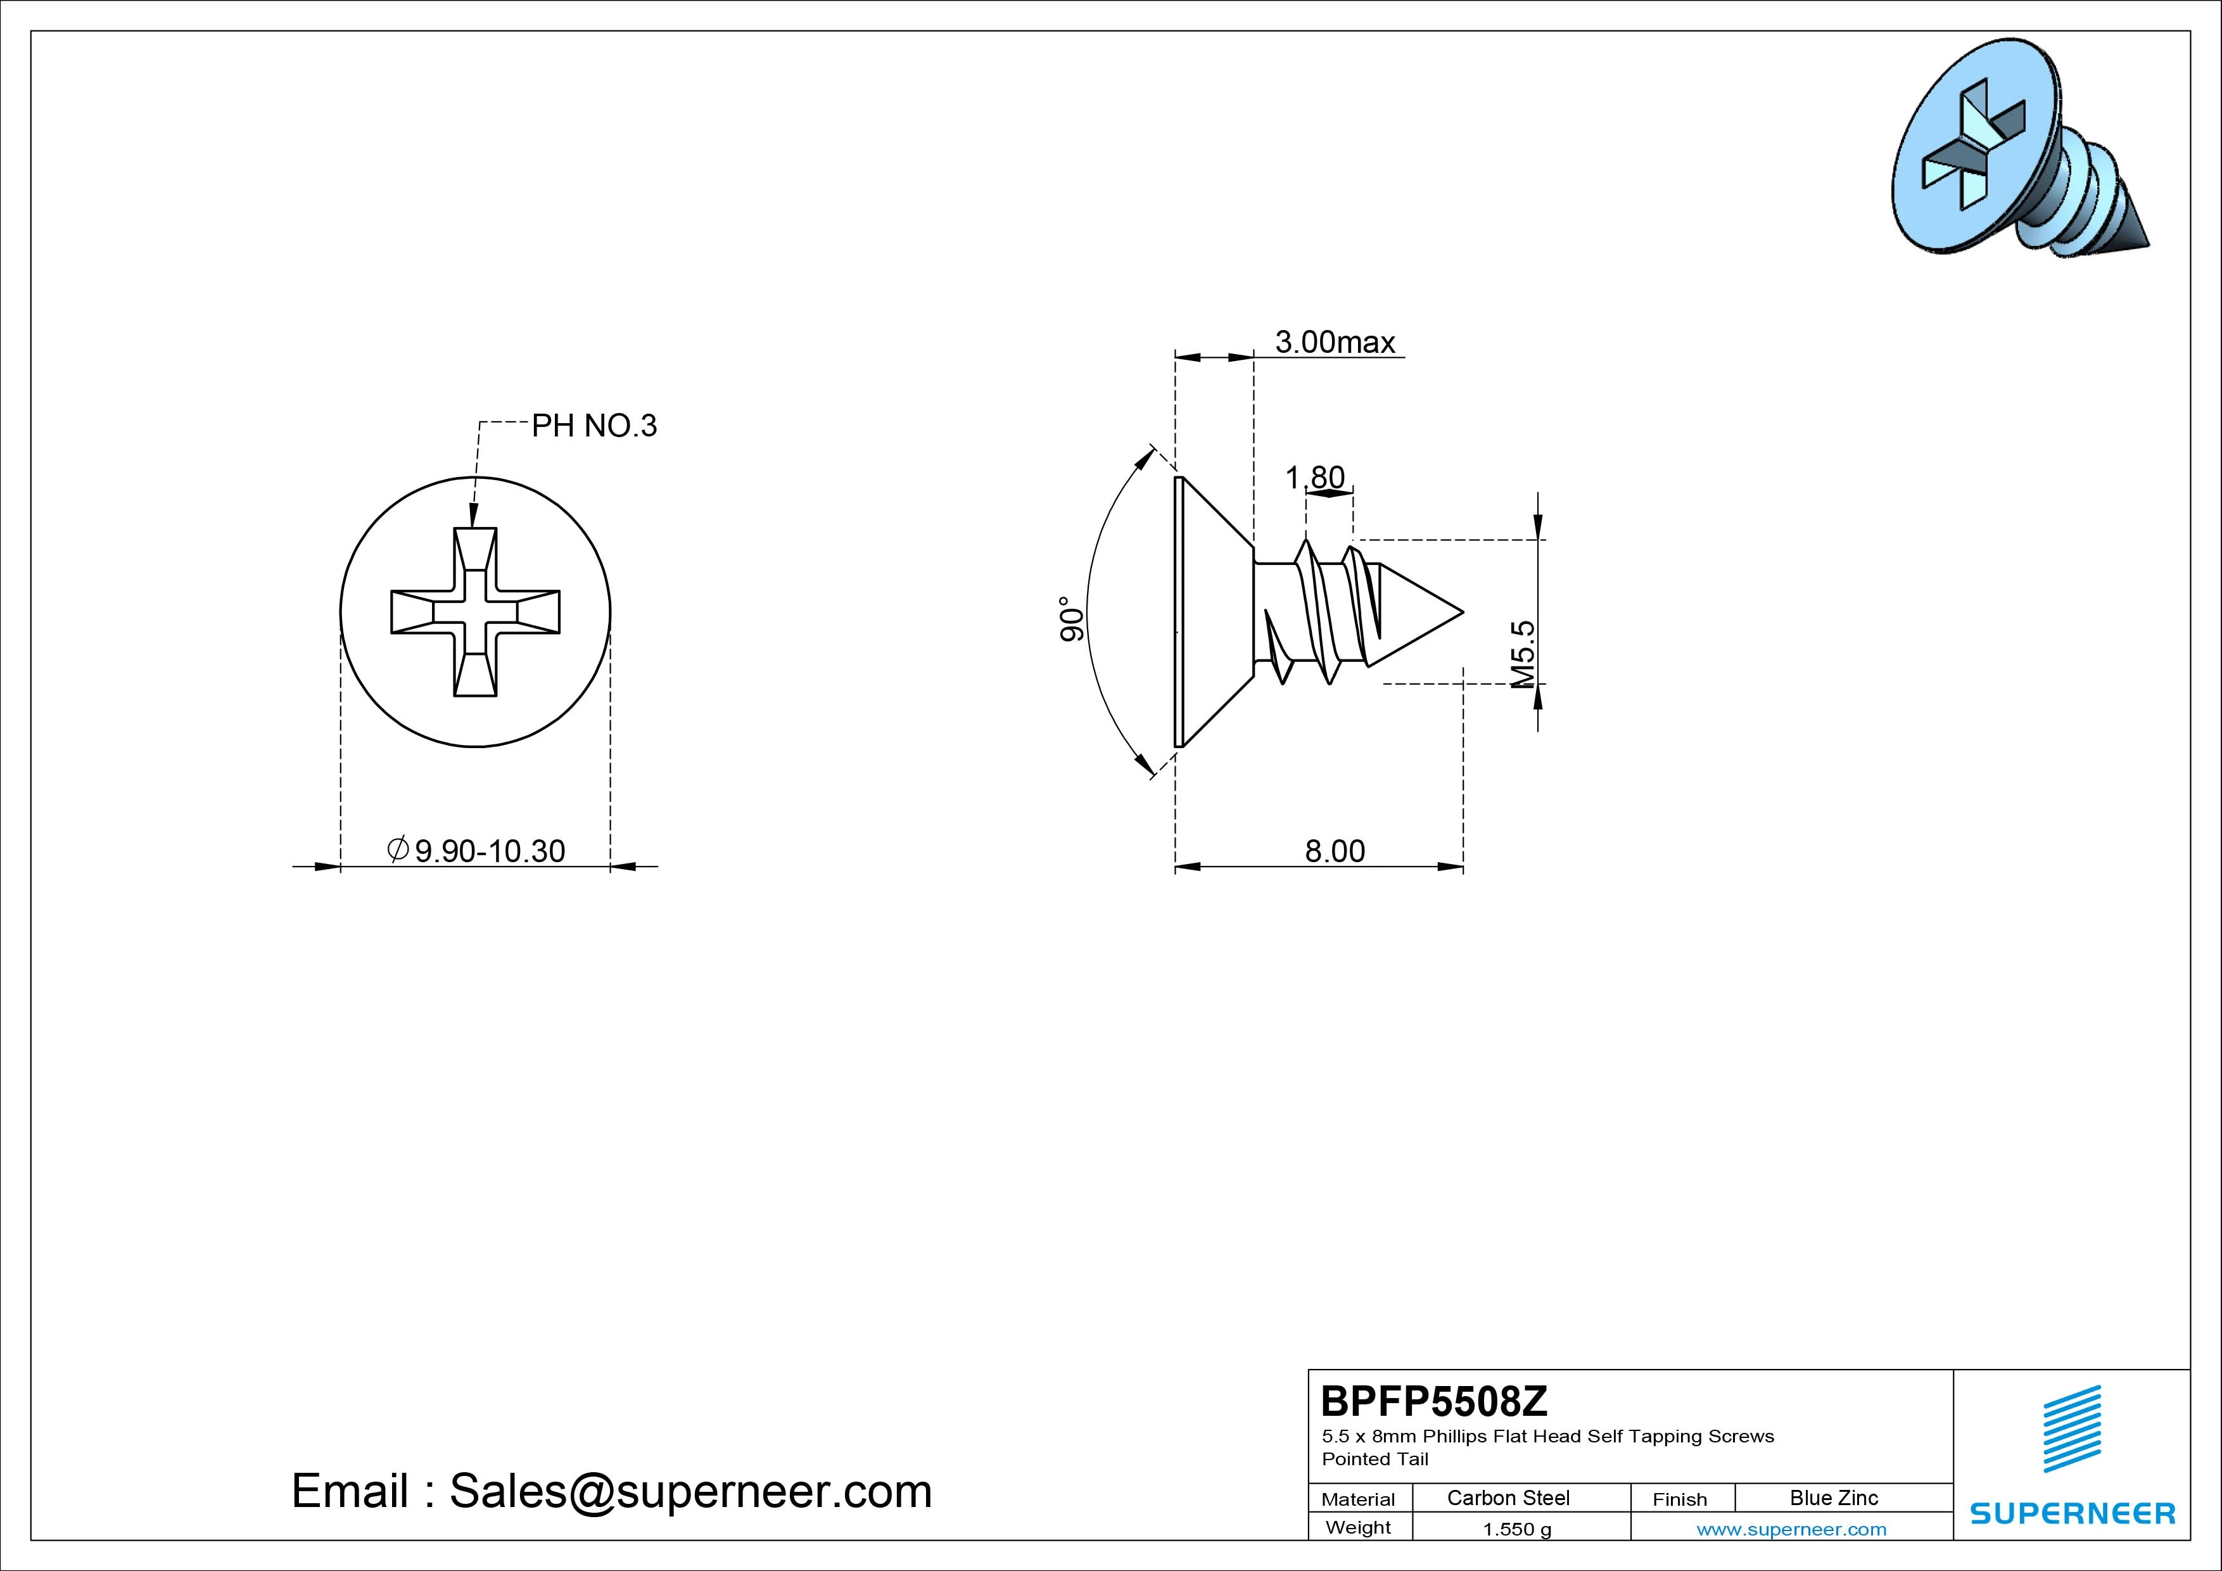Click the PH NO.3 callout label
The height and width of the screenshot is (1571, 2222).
[594, 426]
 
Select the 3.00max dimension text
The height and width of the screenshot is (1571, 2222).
[1335, 341]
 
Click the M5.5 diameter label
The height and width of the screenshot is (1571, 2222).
[1522, 654]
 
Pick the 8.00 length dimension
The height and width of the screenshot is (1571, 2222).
[1335, 851]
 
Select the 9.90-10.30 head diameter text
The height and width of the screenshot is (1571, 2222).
[476, 851]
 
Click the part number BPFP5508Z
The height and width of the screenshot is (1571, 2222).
[1434, 1401]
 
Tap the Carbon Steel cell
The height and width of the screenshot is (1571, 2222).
[1508, 1498]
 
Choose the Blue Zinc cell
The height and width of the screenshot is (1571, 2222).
[1834, 1498]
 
